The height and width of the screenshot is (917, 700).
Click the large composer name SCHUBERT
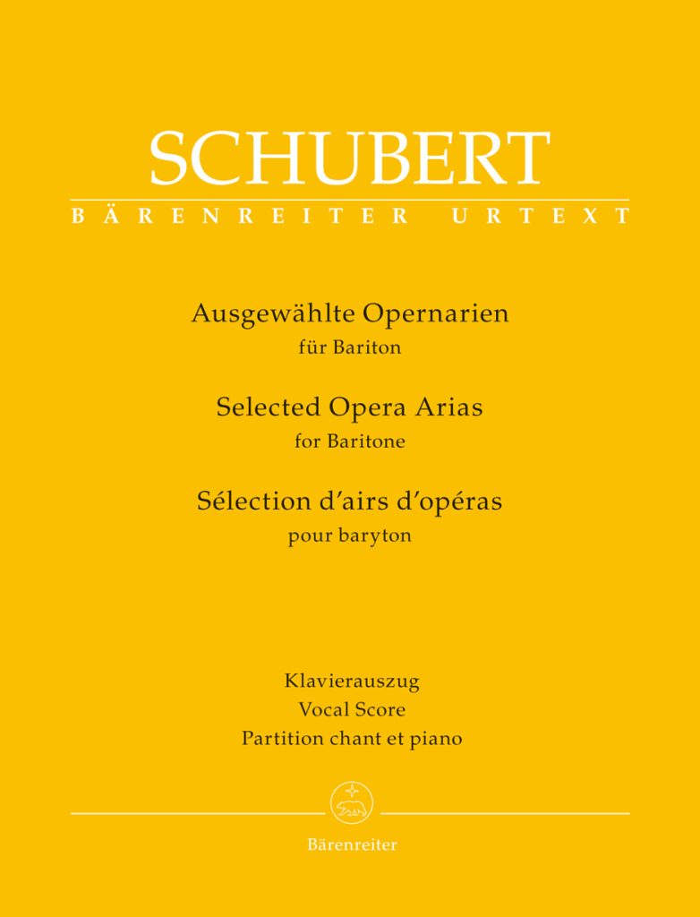point(349,158)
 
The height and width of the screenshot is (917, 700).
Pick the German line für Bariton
point(349,348)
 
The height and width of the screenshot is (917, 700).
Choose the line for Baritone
point(349,441)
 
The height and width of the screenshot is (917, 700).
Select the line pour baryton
point(349,536)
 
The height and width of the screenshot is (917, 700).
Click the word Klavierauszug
point(351,681)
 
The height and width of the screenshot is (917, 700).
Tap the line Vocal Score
point(350,710)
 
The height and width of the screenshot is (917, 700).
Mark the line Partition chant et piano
point(351,740)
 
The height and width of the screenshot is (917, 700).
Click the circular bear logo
point(349,801)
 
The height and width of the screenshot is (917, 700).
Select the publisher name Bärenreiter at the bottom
point(351,844)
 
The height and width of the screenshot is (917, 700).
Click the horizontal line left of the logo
point(197,813)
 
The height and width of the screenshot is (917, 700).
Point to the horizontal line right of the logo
point(507,813)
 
